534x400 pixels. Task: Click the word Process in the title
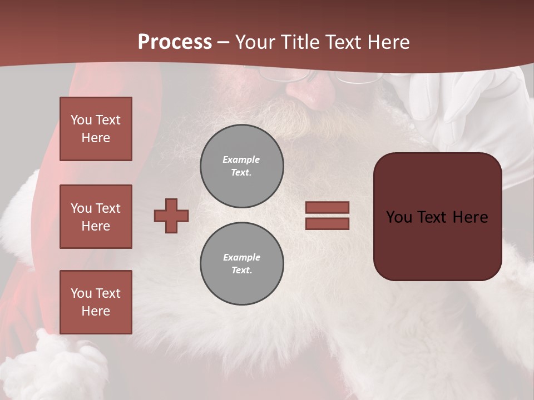[x=175, y=42]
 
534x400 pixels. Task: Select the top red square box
[x=96, y=129]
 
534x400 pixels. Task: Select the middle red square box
[x=96, y=217]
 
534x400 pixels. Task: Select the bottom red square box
[x=96, y=302]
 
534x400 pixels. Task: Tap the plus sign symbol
[x=171, y=216]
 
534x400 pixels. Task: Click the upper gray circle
[x=242, y=166]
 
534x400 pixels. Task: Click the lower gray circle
[x=242, y=264]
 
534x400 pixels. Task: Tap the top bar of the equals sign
[x=327, y=207]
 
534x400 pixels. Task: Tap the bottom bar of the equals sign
[x=327, y=223]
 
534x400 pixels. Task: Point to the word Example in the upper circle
[x=241, y=159]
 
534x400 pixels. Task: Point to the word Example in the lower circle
[x=241, y=257]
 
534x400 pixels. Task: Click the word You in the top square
[x=81, y=120]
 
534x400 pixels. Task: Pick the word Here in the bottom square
[x=96, y=311]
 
